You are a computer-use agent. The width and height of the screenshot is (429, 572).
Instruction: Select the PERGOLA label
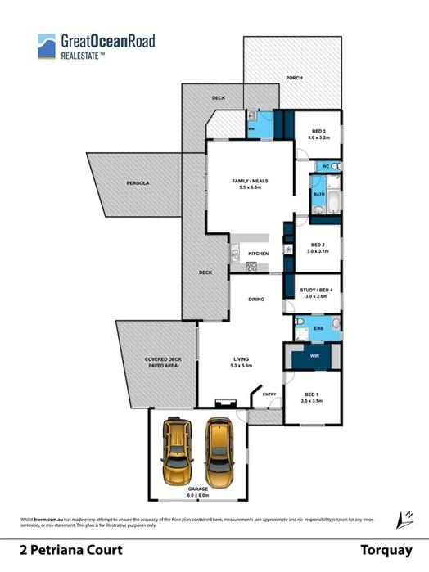coord(137,183)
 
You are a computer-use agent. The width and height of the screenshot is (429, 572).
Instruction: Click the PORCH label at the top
coord(294,78)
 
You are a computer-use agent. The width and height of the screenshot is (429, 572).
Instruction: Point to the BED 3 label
coord(320,134)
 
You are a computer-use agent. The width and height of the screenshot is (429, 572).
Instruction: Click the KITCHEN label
coord(258,254)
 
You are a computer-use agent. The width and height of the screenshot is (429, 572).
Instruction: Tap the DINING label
coord(256,300)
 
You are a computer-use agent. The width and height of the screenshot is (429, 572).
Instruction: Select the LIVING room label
coord(241,361)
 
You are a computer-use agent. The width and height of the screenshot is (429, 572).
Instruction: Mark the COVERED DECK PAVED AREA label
coord(158,362)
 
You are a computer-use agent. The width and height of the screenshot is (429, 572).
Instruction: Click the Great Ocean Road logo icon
coord(47,46)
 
